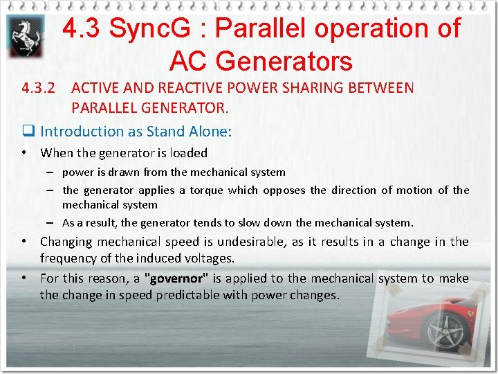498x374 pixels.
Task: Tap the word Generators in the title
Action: point(261,61)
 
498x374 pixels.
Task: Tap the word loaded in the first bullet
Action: point(188,153)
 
